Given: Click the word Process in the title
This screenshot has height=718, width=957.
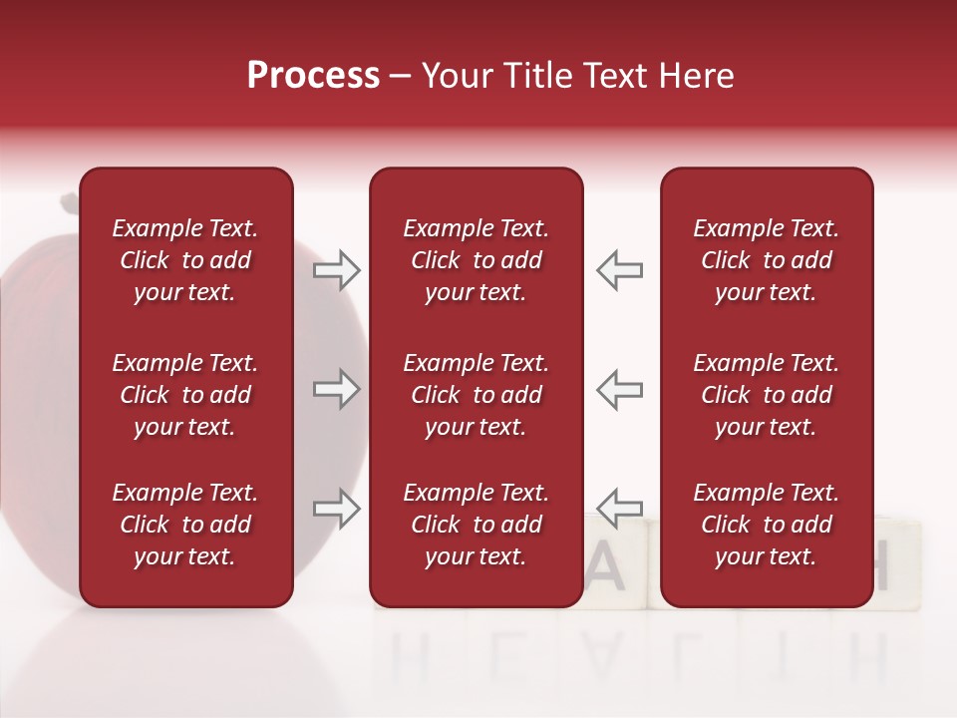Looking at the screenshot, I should pyautogui.click(x=313, y=76).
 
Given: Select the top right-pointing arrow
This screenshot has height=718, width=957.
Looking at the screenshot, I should pyautogui.click(x=337, y=270).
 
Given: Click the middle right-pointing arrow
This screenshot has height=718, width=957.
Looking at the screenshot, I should pyautogui.click(x=337, y=389).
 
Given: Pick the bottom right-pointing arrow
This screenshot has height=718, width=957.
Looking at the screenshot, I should pyautogui.click(x=337, y=509).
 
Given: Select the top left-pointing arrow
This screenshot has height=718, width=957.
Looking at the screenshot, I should pyautogui.click(x=619, y=270).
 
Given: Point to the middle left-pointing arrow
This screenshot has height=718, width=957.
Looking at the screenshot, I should pyautogui.click(x=619, y=389).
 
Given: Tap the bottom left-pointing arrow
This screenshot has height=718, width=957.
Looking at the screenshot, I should pyautogui.click(x=619, y=509).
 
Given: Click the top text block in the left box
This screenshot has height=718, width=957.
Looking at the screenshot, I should pyautogui.click(x=185, y=260).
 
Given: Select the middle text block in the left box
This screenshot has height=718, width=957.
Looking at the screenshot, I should pyautogui.click(x=185, y=395).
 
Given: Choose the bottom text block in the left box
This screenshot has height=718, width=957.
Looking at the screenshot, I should pyautogui.click(x=185, y=525).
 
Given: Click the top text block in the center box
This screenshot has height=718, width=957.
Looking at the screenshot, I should pyautogui.click(x=476, y=260).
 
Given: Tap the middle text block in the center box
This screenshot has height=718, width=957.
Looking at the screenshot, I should pyautogui.click(x=476, y=395).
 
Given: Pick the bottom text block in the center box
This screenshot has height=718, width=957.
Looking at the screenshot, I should pyautogui.click(x=476, y=525).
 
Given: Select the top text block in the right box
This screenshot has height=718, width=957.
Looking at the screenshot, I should pyautogui.click(x=766, y=260).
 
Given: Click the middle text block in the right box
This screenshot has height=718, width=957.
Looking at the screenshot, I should pyautogui.click(x=766, y=395).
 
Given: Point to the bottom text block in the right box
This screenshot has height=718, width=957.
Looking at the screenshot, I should pyautogui.click(x=766, y=525).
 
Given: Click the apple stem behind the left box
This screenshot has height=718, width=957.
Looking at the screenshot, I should pyautogui.click(x=69, y=203).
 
